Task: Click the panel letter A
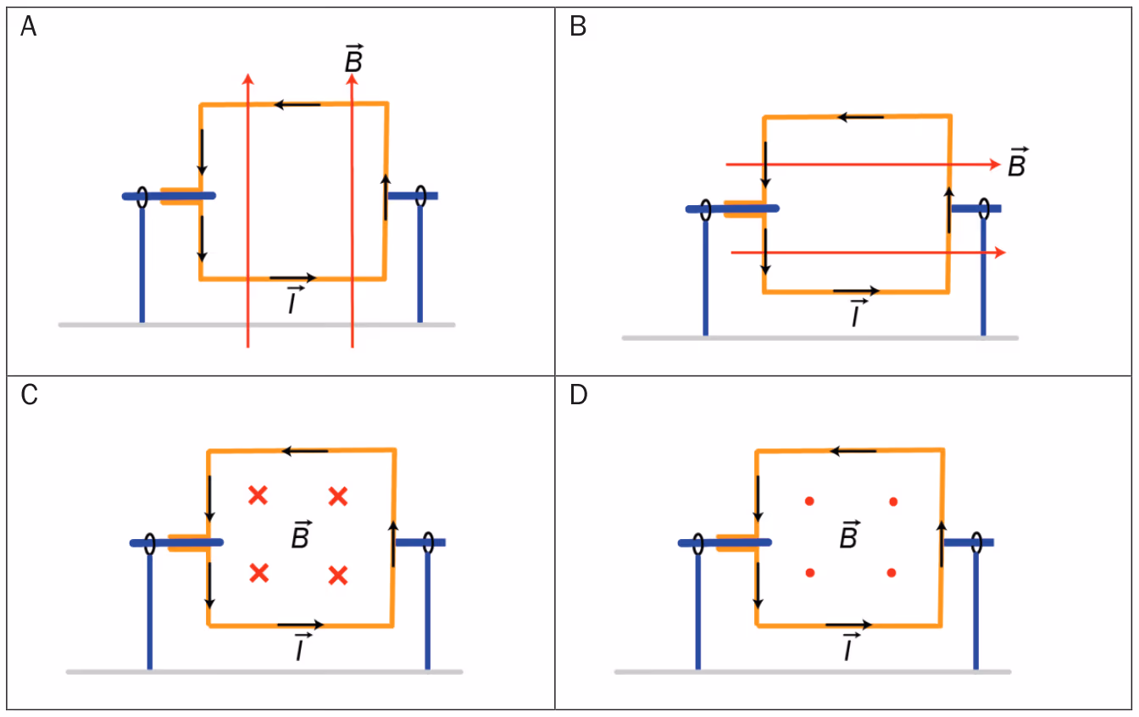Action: (x=29, y=26)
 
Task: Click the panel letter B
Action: (x=578, y=26)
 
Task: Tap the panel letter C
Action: (x=29, y=395)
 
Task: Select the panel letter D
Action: (x=579, y=395)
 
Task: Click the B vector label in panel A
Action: (x=354, y=58)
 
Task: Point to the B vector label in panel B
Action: (x=1018, y=162)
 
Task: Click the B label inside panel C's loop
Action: (x=302, y=535)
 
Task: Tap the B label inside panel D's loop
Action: (x=850, y=535)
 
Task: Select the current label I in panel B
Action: (x=858, y=313)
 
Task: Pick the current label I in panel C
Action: (x=303, y=647)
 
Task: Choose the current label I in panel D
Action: (x=851, y=647)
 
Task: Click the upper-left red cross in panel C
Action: (x=258, y=495)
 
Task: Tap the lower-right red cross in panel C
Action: (x=338, y=575)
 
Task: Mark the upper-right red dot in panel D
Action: (x=893, y=502)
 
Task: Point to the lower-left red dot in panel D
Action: (x=810, y=573)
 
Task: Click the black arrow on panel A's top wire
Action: (x=297, y=105)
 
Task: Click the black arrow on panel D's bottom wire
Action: (x=848, y=625)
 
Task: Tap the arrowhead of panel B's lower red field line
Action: (x=1001, y=253)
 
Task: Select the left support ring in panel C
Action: (x=149, y=543)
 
